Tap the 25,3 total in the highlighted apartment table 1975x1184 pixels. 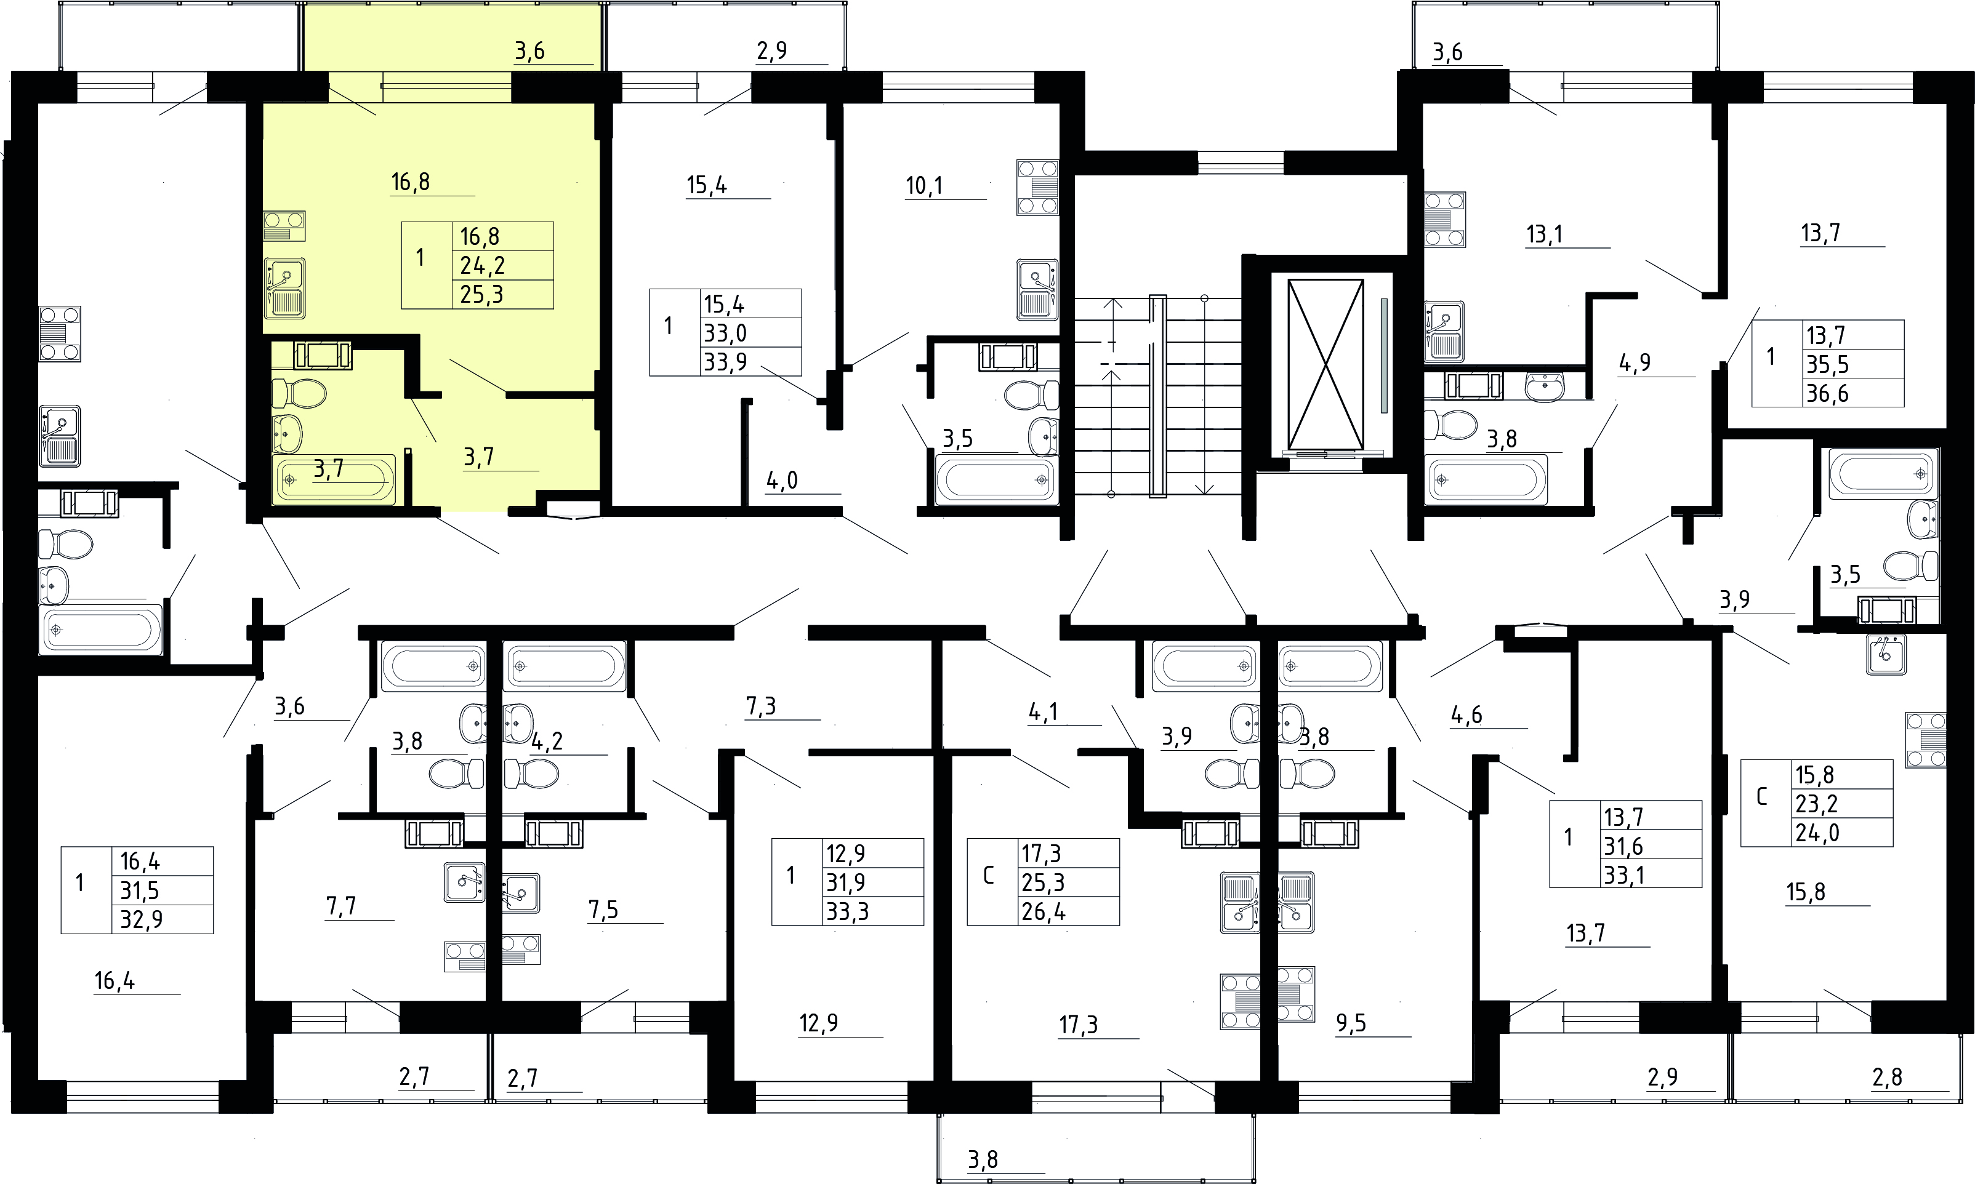click(482, 294)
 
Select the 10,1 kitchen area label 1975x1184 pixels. click(924, 186)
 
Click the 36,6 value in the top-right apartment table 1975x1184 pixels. click(1827, 393)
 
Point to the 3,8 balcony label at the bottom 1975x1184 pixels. click(983, 1159)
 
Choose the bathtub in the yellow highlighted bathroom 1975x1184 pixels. click(334, 479)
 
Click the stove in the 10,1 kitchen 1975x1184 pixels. click(1037, 188)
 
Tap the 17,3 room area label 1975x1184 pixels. click(1079, 1025)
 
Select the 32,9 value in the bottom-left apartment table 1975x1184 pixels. click(141, 919)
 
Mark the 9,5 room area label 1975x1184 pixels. click(1351, 1023)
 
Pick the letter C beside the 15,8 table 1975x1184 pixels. click(1762, 797)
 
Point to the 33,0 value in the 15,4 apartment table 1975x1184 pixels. click(725, 333)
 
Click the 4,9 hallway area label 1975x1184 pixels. click(1635, 363)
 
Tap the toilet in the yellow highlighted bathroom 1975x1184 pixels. click(299, 393)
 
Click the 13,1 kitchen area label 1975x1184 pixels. click(1544, 234)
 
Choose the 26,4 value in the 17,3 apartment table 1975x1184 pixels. click(1044, 911)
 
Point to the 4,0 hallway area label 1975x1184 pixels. click(782, 480)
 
